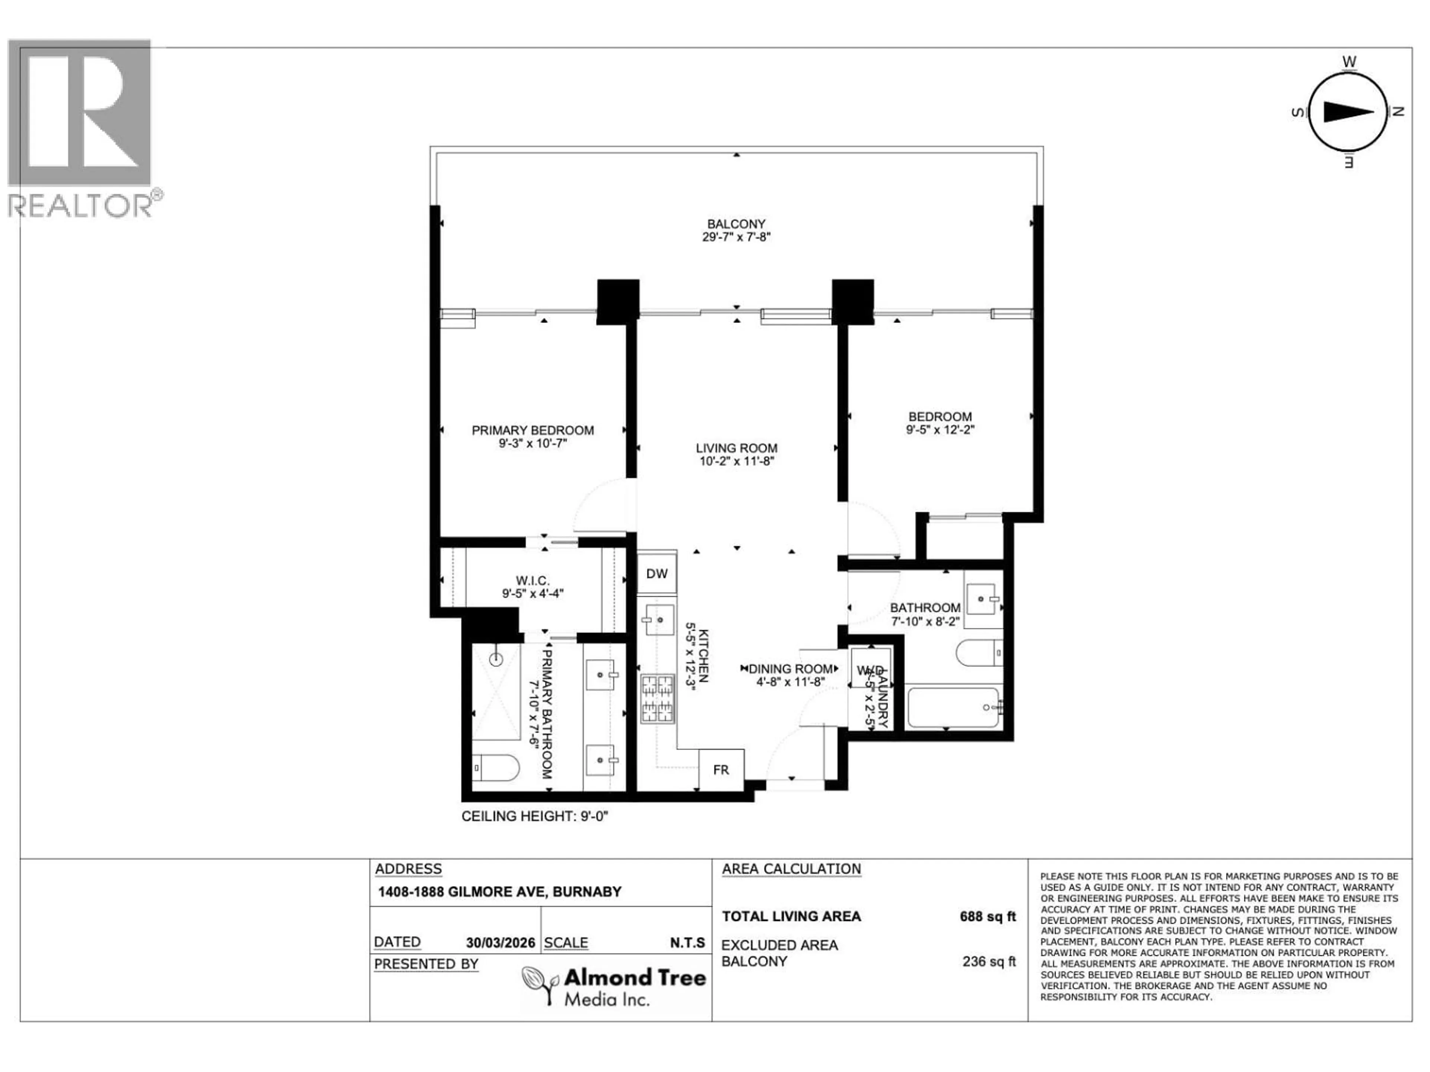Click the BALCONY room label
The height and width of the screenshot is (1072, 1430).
coord(736,224)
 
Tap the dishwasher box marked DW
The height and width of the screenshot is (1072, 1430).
coord(657,573)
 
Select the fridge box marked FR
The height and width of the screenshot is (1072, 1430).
coord(721,770)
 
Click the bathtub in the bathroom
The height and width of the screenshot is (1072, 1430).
coord(954,708)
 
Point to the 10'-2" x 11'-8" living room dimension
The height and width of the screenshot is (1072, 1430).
coord(736,461)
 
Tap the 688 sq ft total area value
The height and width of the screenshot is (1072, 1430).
coord(987,916)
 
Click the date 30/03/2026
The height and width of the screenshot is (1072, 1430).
coord(500,943)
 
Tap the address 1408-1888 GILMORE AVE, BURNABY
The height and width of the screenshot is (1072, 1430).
coord(499,892)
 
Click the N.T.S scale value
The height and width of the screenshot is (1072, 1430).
coord(687,943)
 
